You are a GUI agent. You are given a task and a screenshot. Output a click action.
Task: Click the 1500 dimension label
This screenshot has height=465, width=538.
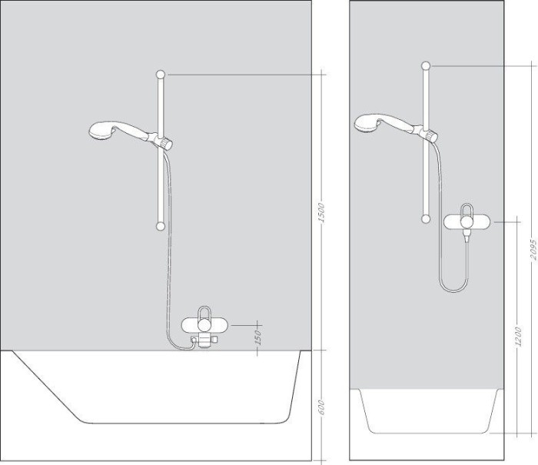323,212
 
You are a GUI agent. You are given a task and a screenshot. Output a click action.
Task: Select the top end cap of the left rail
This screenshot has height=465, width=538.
161,74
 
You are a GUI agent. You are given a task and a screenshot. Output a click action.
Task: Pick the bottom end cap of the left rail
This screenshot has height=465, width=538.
160,226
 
